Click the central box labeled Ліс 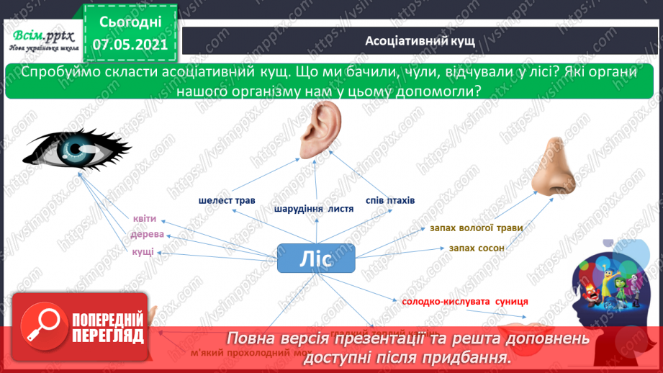pyautogui.click(x=316, y=259)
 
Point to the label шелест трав pyautogui.click(x=227, y=199)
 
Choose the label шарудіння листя pyautogui.click(x=314, y=209)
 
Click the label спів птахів pyautogui.click(x=389, y=199)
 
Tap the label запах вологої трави pyautogui.click(x=476, y=228)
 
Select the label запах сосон pyautogui.click(x=476, y=248)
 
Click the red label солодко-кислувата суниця pyautogui.click(x=465, y=301)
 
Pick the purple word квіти pyautogui.click(x=144, y=219)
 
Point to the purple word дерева pyautogui.click(x=147, y=235)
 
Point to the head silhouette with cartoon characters pyautogui.click(x=613, y=288)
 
